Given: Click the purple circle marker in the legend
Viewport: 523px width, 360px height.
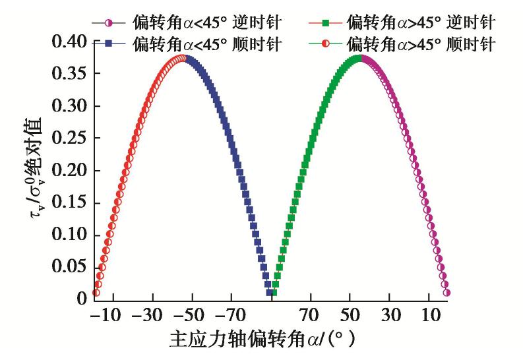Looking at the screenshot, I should [x=109, y=24].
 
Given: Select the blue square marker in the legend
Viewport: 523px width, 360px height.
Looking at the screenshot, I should [x=109, y=44].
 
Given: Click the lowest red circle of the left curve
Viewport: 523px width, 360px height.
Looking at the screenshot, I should [x=96, y=293].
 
